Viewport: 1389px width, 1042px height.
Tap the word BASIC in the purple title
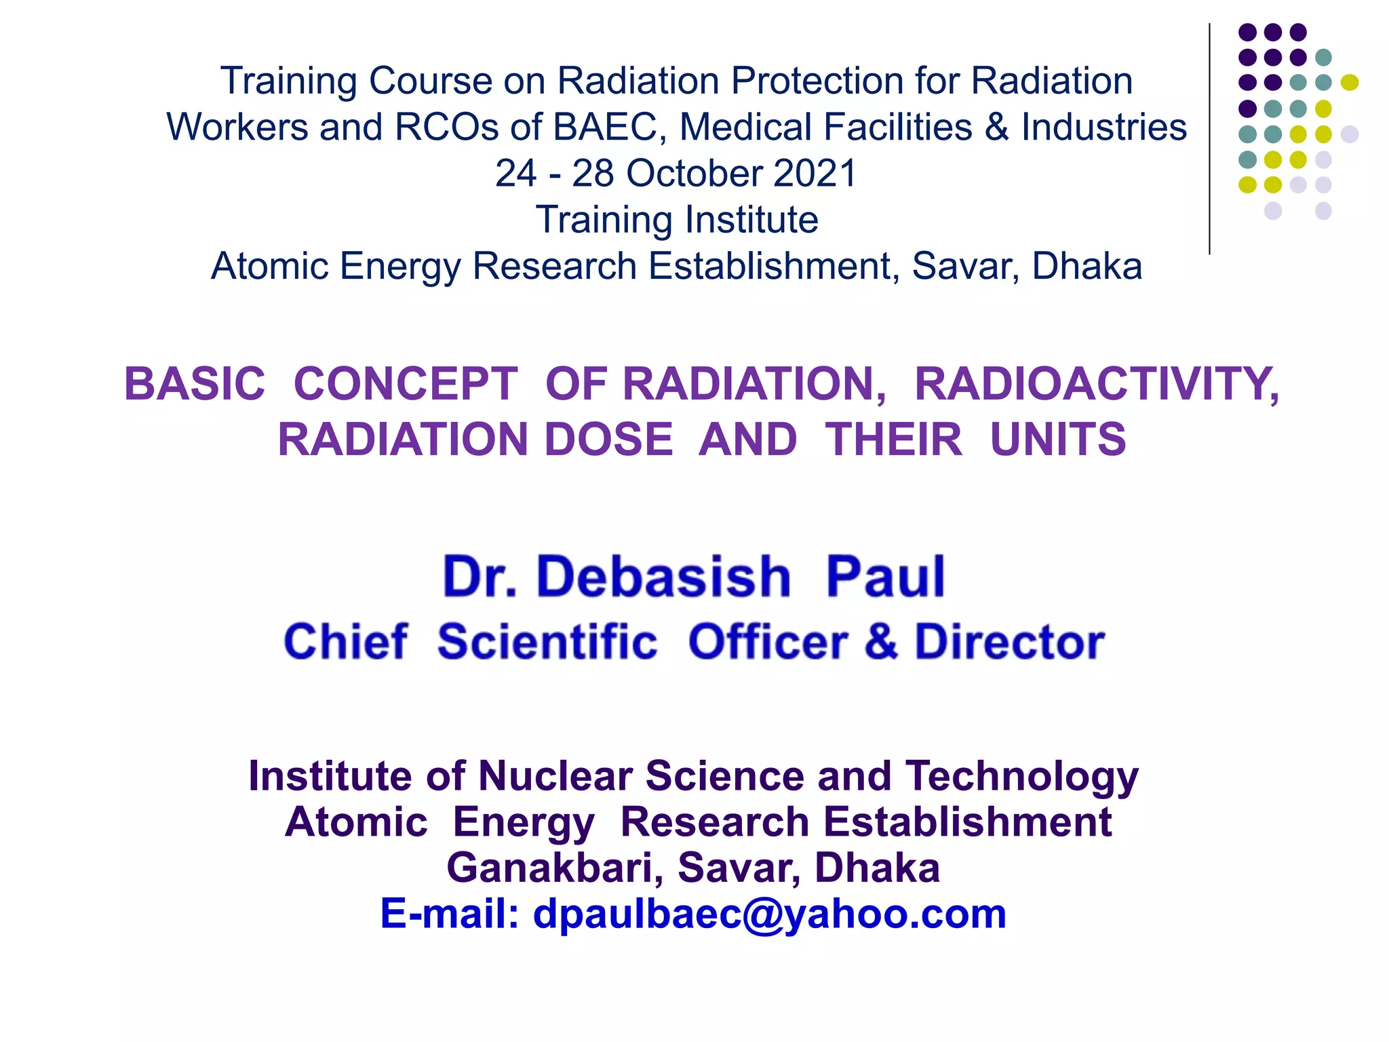(195, 384)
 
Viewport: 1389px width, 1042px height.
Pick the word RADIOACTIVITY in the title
(1096, 384)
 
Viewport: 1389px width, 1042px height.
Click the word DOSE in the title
(608, 440)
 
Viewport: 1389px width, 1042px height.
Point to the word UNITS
(1057, 440)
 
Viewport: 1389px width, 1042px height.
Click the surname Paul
(884, 577)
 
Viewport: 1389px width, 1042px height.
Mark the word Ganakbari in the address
(554, 868)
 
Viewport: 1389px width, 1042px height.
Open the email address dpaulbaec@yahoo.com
(769, 914)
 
